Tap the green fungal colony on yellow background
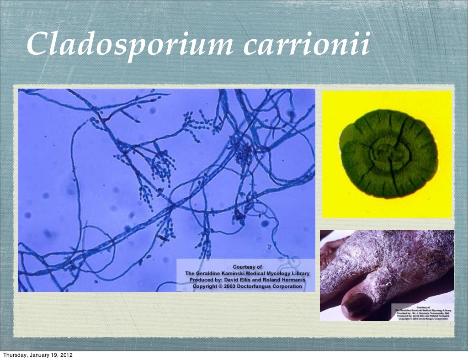click(x=388, y=154)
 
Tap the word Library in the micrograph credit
click(x=299, y=273)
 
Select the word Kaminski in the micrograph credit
click(x=237, y=273)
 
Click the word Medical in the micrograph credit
click(x=256, y=273)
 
